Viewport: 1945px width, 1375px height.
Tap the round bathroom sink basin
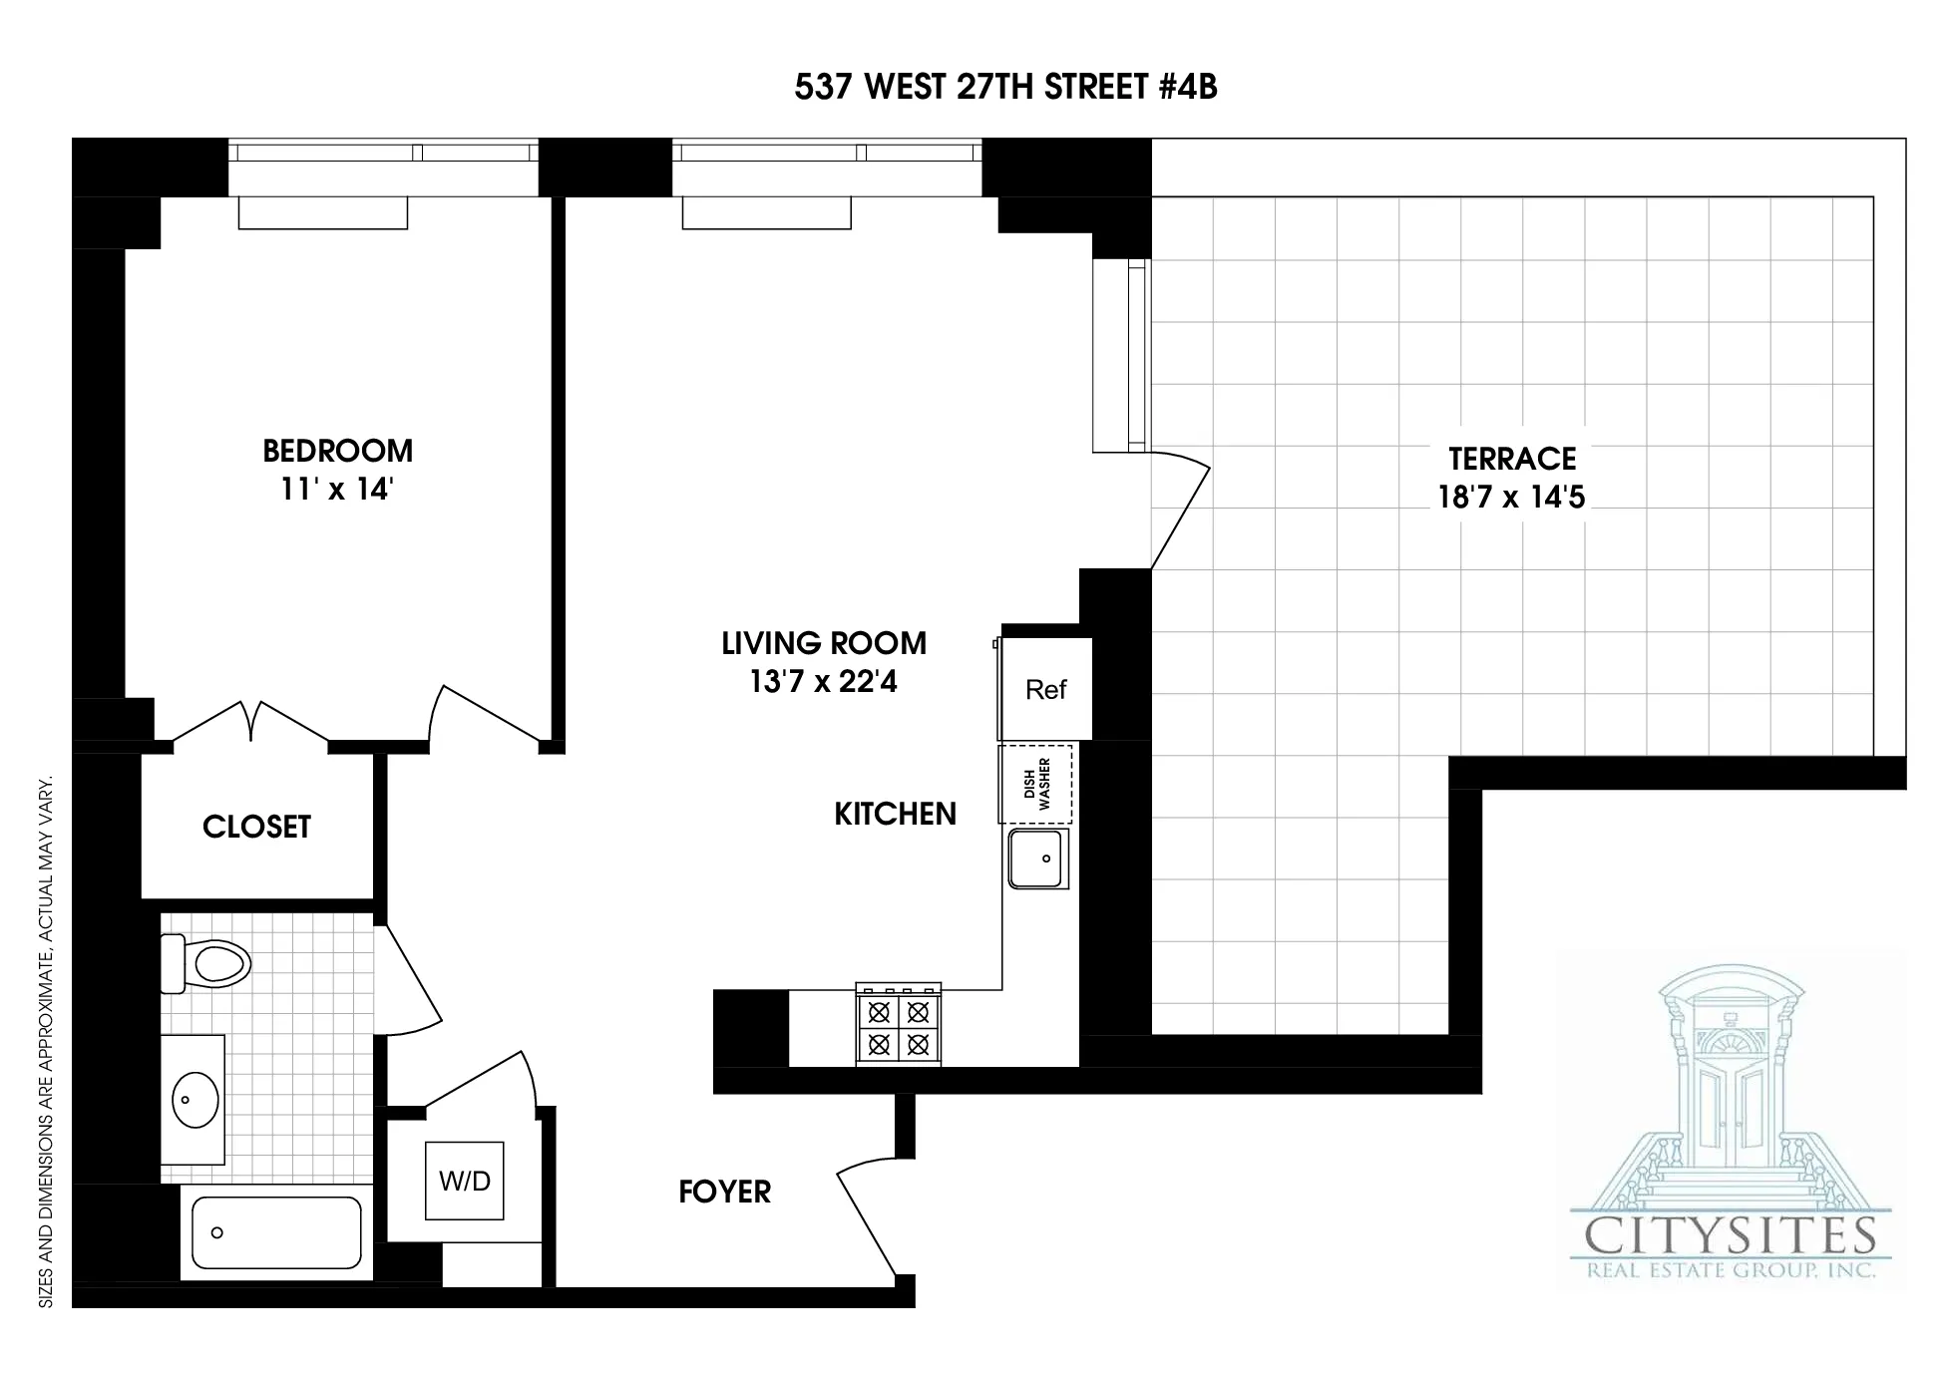coord(195,1100)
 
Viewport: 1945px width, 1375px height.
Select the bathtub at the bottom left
coord(276,1233)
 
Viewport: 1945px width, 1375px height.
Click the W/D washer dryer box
coord(465,1181)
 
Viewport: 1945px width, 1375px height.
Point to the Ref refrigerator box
coord(1045,689)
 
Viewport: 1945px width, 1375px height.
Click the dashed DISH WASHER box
coord(1036,784)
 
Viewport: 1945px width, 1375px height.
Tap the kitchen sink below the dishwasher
coord(1037,859)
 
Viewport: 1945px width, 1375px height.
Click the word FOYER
coord(724,1192)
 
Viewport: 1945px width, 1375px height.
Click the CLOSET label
coord(256,827)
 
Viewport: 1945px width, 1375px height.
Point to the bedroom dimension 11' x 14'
coord(337,490)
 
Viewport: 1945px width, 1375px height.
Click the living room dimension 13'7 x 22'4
coord(823,682)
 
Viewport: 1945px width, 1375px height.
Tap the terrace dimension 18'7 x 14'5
coord(1511,497)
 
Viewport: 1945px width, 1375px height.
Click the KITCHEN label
coord(895,815)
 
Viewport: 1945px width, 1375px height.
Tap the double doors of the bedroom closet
coord(250,722)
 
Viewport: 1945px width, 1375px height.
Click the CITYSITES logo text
coord(1731,1237)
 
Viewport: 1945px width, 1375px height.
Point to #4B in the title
coord(1188,87)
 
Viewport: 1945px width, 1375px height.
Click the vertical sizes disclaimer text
coord(45,1042)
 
